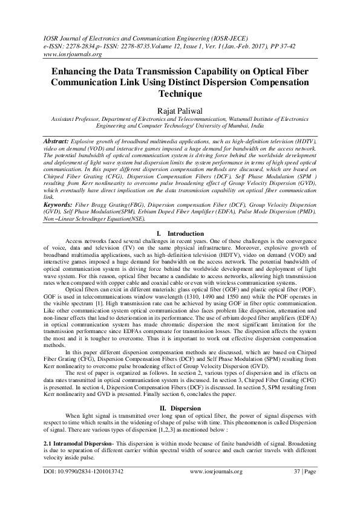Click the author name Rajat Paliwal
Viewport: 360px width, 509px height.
(x=179, y=109)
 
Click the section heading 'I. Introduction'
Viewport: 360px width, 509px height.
(x=180, y=233)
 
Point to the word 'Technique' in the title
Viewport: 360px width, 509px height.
(x=180, y=94)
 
